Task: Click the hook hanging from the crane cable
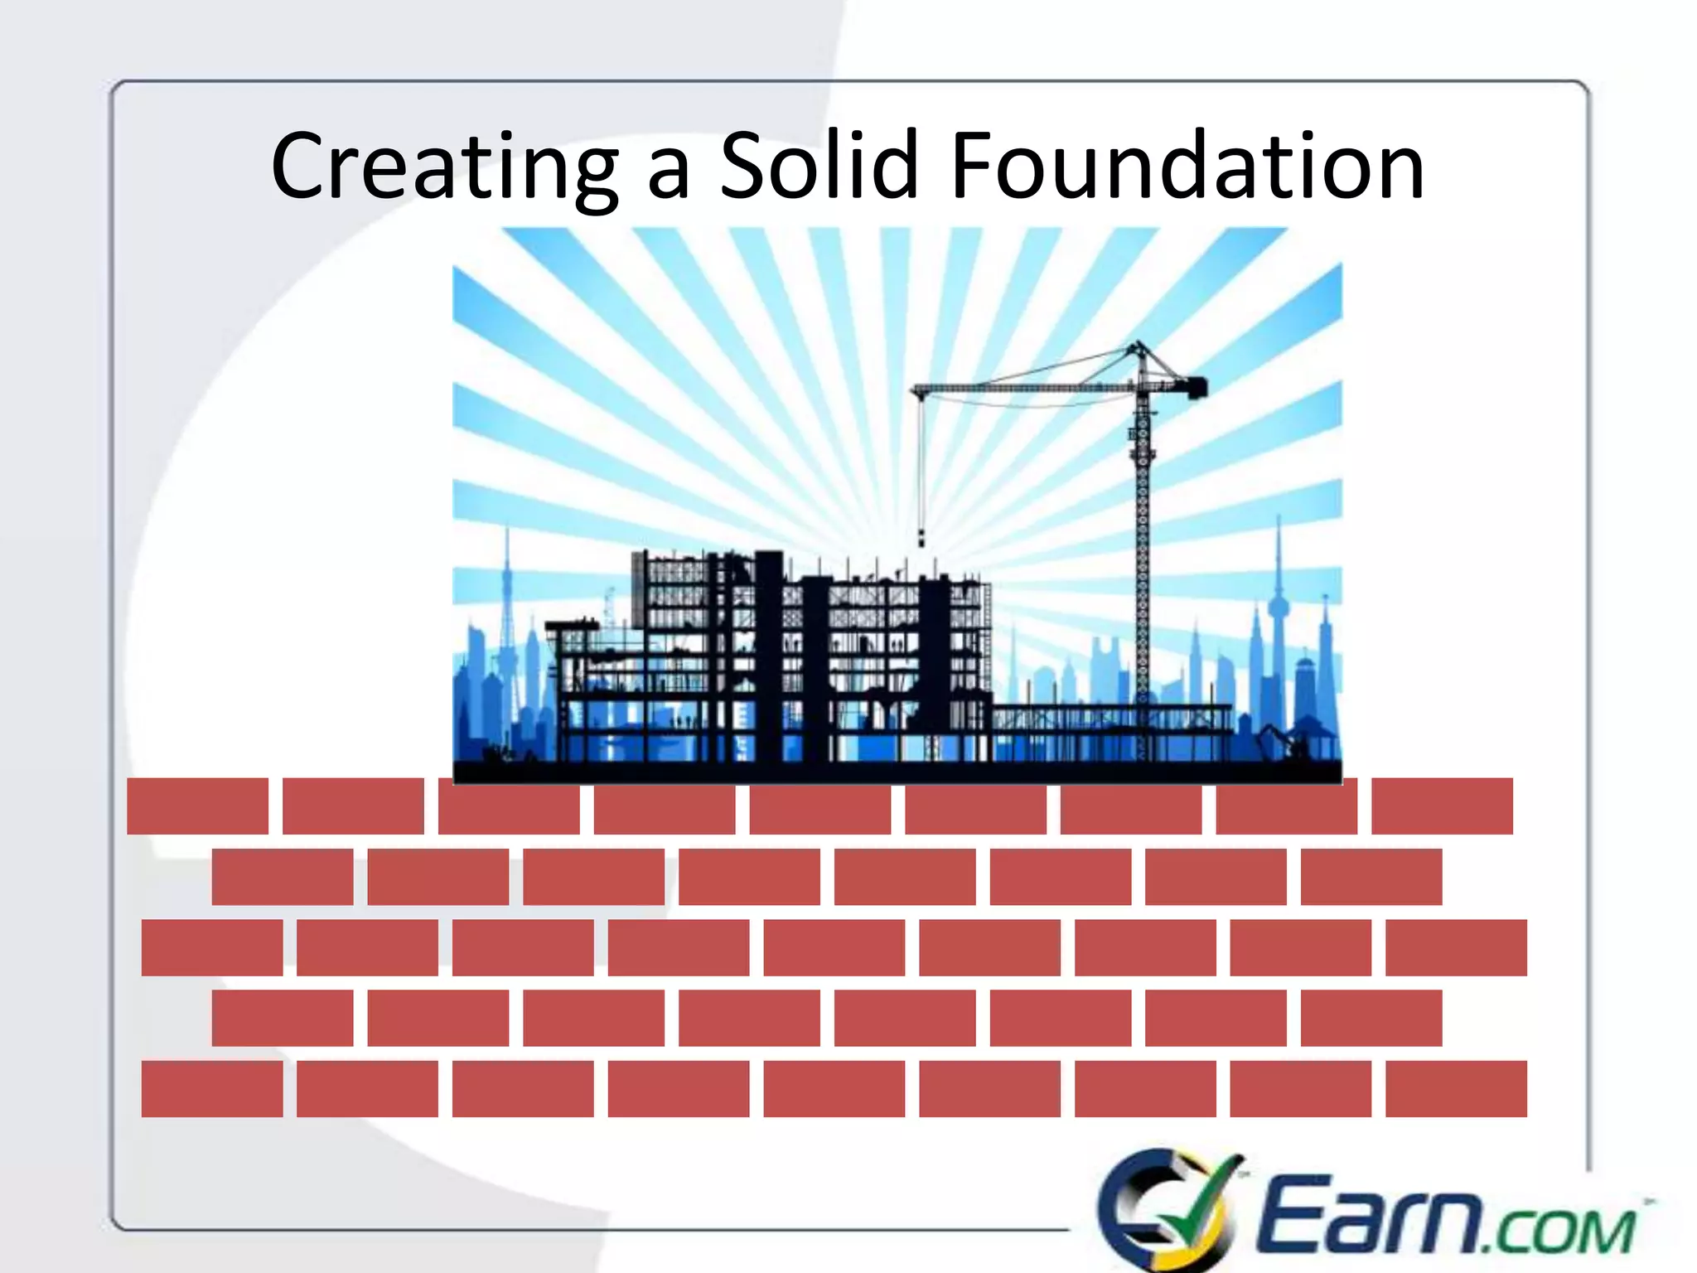[921, 539]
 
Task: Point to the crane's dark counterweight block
[1197, 387]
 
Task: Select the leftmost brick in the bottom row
[211, 1088]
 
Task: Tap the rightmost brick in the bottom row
[1456, 1088]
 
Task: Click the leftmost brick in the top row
[197, 806]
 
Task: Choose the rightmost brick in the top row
[1442, 806]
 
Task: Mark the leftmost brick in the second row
[282, 876]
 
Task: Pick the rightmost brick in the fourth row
[1371, 1017]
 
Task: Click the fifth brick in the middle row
[834, 946]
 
